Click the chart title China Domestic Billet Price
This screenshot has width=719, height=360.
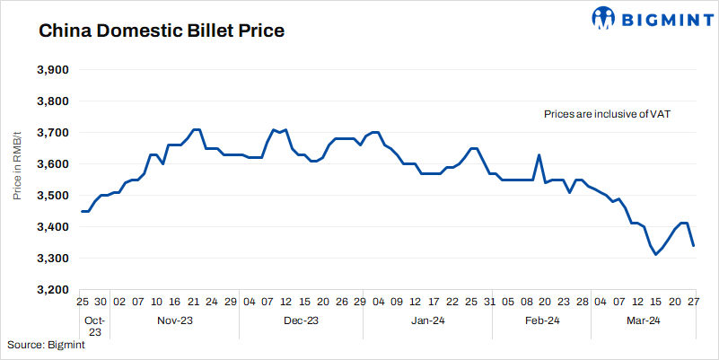[161, 31]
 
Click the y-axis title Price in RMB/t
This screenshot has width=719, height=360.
[18, 180]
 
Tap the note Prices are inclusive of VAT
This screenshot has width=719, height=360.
[608, 115]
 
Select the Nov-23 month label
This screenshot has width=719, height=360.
[176, 320]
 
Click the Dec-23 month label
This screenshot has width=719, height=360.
[302, 320]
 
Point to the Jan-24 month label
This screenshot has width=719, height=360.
[428, 320]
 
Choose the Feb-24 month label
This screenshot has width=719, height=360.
[542, 320]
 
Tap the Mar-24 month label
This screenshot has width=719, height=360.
[643, 320]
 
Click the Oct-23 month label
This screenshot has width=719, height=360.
[95, 326]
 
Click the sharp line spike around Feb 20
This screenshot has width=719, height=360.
[539, 155]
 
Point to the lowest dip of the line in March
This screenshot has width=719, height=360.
[656, 255]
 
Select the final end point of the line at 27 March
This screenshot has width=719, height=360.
[694, 245]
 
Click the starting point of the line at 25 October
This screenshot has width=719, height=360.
[82, 211]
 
